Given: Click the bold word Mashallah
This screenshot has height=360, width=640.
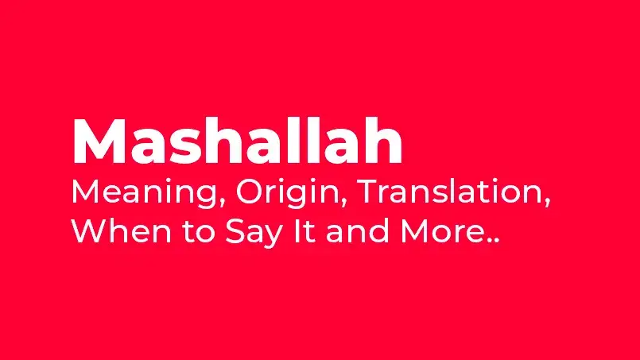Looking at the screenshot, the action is [x=238, y=141].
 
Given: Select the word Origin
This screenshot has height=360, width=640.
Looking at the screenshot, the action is [x=287, y=192].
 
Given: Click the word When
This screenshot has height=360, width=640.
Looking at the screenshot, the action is [x=122, y=230].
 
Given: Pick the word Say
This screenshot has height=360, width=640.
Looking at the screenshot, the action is [x=254, y=234].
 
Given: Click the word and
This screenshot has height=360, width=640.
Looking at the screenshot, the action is [x=358, y=230].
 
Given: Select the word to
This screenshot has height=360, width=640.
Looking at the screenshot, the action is [x=199, y=231].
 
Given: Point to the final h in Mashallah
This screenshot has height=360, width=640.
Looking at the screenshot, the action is [x=383, y=141].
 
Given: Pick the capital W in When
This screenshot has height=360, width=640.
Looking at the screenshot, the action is [x=90, y=230].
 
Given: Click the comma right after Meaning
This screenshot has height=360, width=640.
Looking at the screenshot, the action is [x=223, y=203].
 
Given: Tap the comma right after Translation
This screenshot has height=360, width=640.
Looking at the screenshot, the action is [x=547, y=203].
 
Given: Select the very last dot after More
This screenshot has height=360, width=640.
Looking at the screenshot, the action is [x=496, y=241].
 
